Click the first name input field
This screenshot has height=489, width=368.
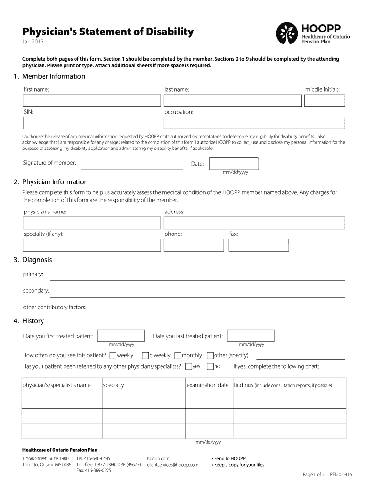pos(92,101)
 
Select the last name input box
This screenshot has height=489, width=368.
pos(232,101)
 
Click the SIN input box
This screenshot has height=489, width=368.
pos(62,123)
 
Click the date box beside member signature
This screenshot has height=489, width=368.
pos(238,163)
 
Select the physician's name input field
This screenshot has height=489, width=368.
pos(92,223)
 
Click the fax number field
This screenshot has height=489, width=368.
pos(259,245)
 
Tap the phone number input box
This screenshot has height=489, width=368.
pos(195,245)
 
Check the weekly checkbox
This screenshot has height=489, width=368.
pos(113,355)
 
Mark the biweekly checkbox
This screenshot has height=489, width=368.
pos(145,355)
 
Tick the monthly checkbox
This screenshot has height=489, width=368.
pos(177,355)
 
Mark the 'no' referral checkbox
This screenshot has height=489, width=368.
pos(210,366)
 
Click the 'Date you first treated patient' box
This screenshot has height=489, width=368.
pos(121,336)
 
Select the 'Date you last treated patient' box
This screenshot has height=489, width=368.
pos(251,336)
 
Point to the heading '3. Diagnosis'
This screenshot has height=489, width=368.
pos(32,260)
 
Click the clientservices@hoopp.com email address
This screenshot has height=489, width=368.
pos(173,465)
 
